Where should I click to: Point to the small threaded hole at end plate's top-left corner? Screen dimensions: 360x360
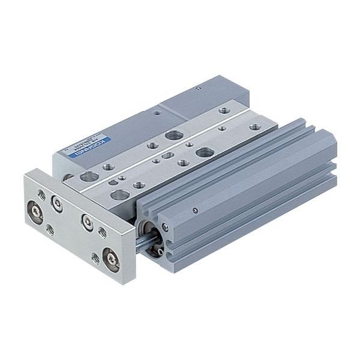[40, 193]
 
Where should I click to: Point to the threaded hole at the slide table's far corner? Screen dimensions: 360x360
[224, 110]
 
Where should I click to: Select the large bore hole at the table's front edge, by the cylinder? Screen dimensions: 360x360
[120, 194]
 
